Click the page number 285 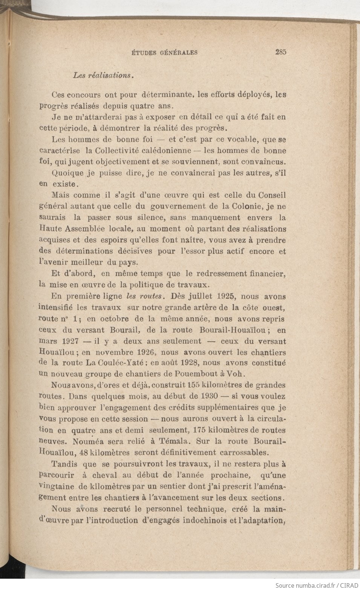coord(280,52)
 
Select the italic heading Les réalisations coord(103,75)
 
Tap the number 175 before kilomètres coord(201,430)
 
